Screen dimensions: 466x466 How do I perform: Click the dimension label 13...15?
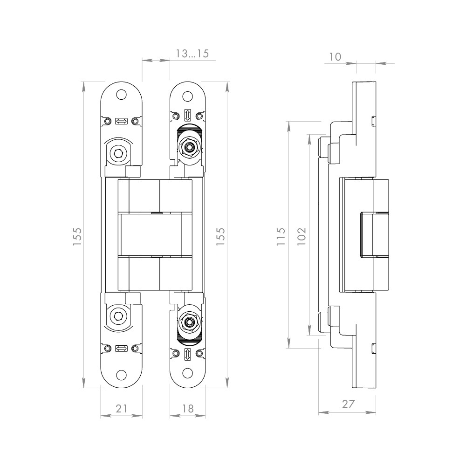[x=192, y=54]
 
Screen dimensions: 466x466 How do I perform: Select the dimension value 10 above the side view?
[x=335, y=57]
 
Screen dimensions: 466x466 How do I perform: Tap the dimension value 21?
[x=121, y=408]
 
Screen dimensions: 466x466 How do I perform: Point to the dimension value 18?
[x=188, y=408]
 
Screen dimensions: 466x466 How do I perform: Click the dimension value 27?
[x=349, y=404]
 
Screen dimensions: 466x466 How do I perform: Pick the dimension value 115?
[x=281, y=236]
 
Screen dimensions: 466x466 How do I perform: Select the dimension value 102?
[x=302, y=236]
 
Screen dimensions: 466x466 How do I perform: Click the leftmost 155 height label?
[x=77, y=236]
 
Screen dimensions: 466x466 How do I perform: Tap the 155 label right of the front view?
[x=220, y=236]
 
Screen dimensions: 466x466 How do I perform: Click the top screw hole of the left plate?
[x=121, y=95]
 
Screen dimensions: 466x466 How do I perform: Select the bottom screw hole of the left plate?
[x=121, y=375]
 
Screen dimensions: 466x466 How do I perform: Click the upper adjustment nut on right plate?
[x=188, y=147]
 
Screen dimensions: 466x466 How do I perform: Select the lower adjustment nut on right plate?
[x=188, y=322]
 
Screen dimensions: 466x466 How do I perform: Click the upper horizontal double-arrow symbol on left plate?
[x=121, y=121]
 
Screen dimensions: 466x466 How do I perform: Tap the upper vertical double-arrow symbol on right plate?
[x=187, y=115]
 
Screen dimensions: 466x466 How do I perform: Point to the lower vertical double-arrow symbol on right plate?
[x=187, y=354]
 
